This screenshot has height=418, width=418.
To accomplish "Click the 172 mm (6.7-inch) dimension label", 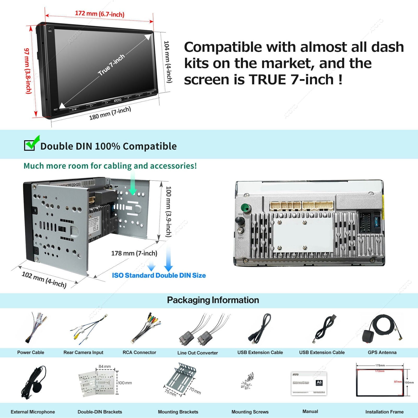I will click(x=100, y=14).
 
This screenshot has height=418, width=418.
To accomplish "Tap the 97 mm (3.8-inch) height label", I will click(x=28, y=71).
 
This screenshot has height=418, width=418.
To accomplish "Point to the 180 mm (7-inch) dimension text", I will click(x=110, y=113).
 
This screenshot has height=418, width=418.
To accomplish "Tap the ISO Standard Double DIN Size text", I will click(x=159, y=275).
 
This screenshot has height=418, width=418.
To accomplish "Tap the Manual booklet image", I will click(x=309, y=383).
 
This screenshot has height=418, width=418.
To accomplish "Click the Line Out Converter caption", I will click(x=198, y=353).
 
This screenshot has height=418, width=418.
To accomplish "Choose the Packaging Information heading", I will click(x=213, y=300).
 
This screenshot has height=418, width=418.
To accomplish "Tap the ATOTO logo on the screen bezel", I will click(x=118, y=100).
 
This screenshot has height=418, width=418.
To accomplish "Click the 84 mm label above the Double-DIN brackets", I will click(x=104, y=367).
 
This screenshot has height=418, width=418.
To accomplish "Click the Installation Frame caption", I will click(x=384, y=412).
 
